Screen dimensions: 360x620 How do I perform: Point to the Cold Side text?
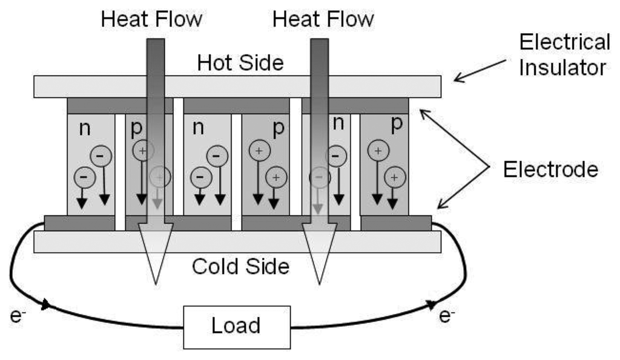(x=240, y=266)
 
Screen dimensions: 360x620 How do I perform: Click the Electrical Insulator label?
(x=565, y=54)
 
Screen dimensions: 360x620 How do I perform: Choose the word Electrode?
(x=550, y=170)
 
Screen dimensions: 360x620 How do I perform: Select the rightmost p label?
(x=397, y=124)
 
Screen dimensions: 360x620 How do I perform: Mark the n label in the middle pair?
(x=198, y=128)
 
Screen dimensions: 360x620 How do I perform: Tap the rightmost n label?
(x=339, y=124)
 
